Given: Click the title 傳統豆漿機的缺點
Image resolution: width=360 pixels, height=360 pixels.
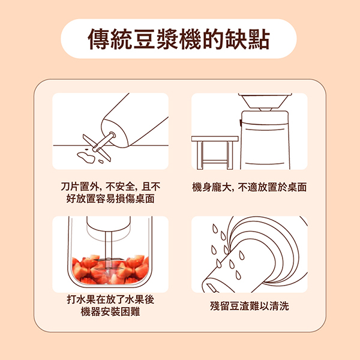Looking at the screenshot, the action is coord(178,39).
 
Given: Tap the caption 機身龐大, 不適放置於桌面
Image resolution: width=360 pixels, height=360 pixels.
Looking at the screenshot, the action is coord(250,187).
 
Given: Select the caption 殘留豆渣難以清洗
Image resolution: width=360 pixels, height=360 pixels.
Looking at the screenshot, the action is coord(250,306).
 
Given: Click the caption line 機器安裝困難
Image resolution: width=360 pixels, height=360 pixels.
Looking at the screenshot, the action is coord(110,311).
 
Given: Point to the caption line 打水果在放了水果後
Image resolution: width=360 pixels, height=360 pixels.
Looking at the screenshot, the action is coord(110,299).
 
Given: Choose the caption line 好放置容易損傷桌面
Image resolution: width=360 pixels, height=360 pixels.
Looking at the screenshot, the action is coord(110,199).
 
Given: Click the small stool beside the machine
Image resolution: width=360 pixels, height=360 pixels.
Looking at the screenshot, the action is coord(215,152).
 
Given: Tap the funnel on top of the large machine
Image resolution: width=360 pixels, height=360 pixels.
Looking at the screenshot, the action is coord(265,102).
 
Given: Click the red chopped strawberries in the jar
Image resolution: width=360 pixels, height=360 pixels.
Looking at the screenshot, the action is coord(110,269).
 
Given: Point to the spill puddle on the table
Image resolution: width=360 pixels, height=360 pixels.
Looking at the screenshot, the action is coord(86,157).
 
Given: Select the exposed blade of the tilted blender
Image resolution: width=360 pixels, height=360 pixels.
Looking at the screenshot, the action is coord(97,148).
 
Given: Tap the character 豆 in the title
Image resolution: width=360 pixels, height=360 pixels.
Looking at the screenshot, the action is coord(144,39).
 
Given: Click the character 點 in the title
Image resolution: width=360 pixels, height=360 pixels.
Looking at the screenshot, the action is coord(259,39).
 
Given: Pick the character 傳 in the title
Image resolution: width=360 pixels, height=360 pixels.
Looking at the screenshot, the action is coord(98,39).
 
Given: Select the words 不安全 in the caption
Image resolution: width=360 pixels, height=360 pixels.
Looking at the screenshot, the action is coord(120,187).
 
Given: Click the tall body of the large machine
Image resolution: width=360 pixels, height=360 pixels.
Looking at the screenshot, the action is coord(265,140).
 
